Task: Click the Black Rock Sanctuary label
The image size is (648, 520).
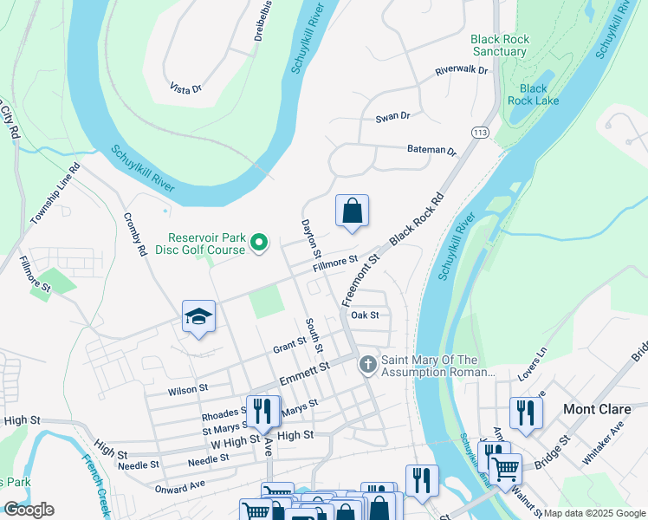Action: click(x=499, y=45)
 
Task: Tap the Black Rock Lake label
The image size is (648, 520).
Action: click(x=534, y=94)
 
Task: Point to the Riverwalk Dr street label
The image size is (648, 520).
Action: click(x=462, y=69)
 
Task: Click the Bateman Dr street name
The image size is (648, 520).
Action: click(x=431, y=150)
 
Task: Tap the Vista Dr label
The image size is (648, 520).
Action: click(x=185, y=88)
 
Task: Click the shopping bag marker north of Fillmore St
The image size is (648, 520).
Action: click(x=353, y=211)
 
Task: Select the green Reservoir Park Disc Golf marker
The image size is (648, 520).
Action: click(x=258, y=244)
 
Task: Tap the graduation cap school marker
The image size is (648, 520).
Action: click(x=198, y=317)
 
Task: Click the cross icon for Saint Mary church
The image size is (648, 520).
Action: click(x=368, y=364)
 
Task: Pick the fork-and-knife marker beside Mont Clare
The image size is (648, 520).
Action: click(x=526, y=413)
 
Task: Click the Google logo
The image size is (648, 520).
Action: click(x=29, y=510)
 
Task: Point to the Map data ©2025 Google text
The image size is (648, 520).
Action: click(x=593, y=513)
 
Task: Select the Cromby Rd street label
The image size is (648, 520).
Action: click(x=135, y=235)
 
